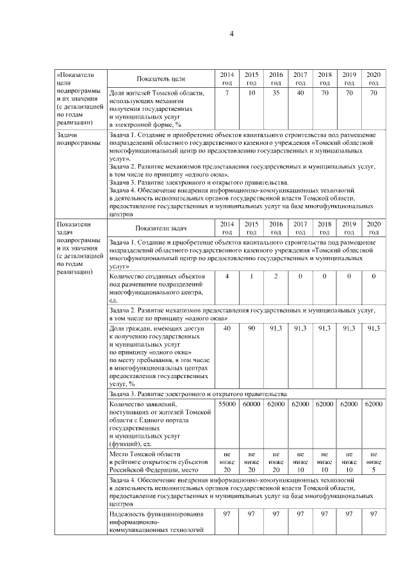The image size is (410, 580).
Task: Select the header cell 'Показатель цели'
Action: click(161, 79)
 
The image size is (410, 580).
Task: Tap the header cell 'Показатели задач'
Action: click(161, 228)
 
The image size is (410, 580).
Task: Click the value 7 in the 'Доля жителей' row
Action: click(227, 94)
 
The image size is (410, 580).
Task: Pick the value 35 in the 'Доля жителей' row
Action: click(275, 94)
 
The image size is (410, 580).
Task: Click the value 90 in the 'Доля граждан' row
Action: click(251, 328)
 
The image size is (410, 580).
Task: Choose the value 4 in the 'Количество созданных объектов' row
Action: click(227, 276)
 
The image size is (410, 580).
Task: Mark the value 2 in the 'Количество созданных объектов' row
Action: click(275, 276)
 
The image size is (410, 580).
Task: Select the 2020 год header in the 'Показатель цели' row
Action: click(373, 79)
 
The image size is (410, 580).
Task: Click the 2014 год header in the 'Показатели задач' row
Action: click(227, 228)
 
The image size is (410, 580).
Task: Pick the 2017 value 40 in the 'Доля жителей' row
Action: click(300, 94)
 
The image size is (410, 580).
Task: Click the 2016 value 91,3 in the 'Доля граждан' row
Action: click(275, 328)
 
